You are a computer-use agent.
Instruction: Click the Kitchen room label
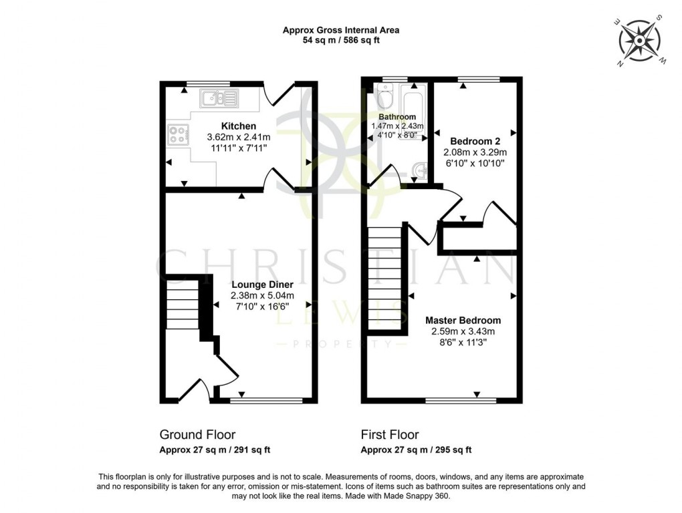pyautogui.click(x=239, y=126)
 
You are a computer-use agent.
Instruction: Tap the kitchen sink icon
pyautogui.click(x=219, y=100)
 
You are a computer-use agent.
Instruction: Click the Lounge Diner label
pyautogui.click(x=262, y=285)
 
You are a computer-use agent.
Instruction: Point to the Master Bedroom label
pyautogui.click(x=463, y=321)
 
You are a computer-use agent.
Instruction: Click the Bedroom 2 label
pyautogui.click(x=475, y=142)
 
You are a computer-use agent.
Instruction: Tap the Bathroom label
pyautogui.click(x=397, y=117)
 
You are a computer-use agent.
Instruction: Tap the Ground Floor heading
pyautogui.click(x=197, y=435)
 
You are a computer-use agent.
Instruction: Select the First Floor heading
pyautogui.click(x=390, y=435)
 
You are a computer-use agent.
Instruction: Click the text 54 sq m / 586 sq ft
pyautogui.click(x=341, y=40)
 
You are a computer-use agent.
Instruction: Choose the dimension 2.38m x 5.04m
pyautogui.click(x=262, y=295)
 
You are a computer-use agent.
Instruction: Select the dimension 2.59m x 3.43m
pyautogui.click(x=463, y=331)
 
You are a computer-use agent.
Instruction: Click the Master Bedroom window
pyautogui.click(x=461, y=401)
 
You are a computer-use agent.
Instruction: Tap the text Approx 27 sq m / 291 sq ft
pyautogui.click(x=215, y=450)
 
